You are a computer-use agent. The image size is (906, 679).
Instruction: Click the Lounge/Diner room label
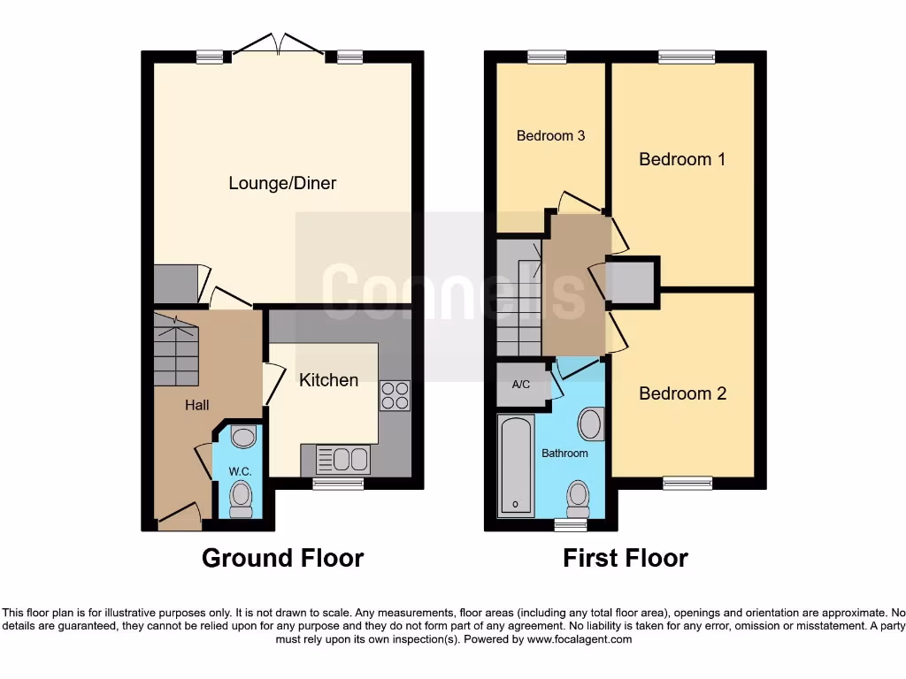[282, 184]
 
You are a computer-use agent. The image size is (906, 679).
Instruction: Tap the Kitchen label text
[328, 380]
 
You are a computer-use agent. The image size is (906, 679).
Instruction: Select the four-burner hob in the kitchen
[395, 394]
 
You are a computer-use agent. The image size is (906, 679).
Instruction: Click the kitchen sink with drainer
[343, 460]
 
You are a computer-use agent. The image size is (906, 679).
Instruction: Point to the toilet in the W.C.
[241, 499]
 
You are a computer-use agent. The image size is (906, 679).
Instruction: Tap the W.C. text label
[240, 472]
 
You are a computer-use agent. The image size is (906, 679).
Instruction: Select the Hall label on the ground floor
[196, 405]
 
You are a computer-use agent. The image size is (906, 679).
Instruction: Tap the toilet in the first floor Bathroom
[578, 498]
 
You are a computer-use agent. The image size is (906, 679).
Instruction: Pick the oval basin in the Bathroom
[590, 424]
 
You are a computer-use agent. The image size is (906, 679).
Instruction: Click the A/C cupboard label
[521, 385]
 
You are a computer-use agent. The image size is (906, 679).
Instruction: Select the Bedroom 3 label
[550, 136]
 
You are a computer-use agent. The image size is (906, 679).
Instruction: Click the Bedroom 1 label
[682, 159]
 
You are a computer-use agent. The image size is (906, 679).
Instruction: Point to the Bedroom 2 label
[682, 393]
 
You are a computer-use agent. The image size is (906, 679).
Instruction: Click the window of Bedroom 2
[687, 483]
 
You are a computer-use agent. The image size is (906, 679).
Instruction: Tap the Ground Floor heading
[282, 559]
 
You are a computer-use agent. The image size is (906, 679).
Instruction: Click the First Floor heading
[626, 559]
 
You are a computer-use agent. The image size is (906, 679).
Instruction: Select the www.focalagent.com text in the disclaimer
[580, 639]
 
